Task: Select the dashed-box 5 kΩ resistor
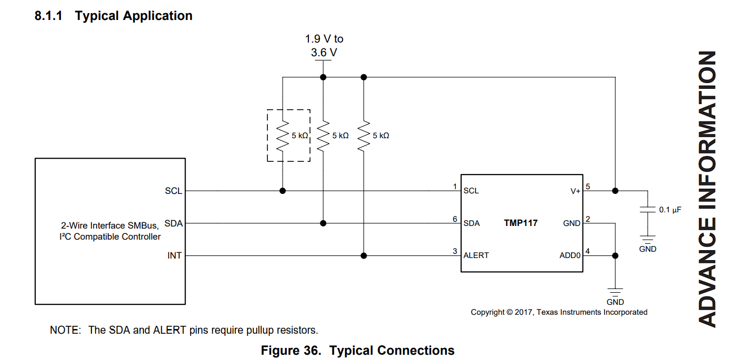click(x=283, y=136)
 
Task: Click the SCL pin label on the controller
click(x=173, y=191)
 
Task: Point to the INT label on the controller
click(x=174, y=255)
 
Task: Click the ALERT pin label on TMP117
click(x=476, y=255)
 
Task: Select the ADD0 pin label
click(x=570, y=255)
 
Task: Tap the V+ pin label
click(x=575, y=191)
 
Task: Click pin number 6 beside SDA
click(x=455, y=219)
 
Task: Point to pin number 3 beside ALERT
click(x=455, y=252)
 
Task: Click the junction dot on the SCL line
click(x=283, y=191)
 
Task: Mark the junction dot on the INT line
click(x=363, y=255)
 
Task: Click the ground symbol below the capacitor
click(x=648, y=239)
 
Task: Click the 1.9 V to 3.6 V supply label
click(x=324, y=46)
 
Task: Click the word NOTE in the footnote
click(x=65, y=330)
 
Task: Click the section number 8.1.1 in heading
click(x=48, y=16)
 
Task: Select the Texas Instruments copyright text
click(x=558, y=312)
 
